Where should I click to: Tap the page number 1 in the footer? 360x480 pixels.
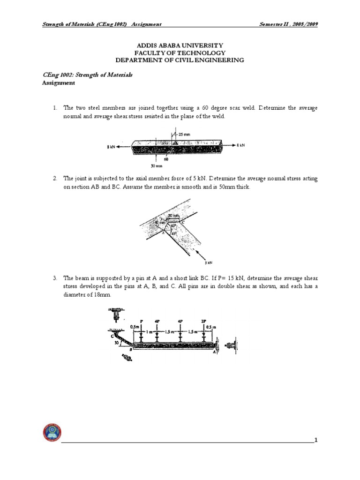click(316, 440)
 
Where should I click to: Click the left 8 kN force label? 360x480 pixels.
click(111, 147)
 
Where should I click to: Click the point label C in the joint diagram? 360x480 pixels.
click(183, 222)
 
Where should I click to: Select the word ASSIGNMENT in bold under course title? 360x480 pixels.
click(59, 83)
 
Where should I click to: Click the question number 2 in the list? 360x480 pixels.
click(55, 178)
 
